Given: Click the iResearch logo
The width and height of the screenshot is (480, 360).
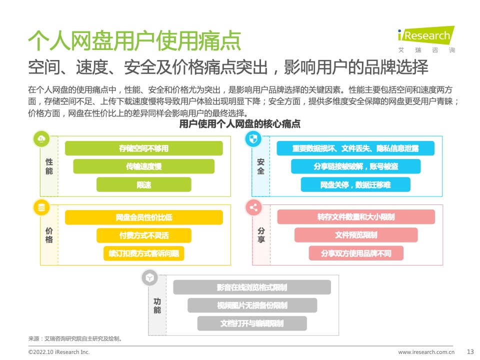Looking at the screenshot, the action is click(426, 39).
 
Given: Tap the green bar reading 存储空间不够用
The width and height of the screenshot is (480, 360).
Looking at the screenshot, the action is click(143, 148).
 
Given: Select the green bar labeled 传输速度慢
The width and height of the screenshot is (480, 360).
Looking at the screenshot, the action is click(143, 166).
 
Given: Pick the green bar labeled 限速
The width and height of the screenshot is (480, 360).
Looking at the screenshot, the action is click(143, 184).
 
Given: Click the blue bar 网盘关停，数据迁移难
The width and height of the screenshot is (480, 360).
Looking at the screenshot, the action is click(355, 184).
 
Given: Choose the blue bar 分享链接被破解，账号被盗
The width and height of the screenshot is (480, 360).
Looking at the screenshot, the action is click(355, 166).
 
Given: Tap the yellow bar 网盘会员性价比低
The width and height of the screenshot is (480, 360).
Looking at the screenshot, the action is click(143, 217).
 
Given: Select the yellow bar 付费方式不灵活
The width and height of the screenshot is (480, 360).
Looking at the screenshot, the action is click(143, 235).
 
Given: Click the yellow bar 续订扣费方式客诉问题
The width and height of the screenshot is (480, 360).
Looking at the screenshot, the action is click(143, 253).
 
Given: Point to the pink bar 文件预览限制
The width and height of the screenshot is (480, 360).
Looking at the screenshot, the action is click(356, 235).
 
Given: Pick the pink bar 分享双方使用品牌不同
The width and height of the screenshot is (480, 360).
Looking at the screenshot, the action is click(356, 253).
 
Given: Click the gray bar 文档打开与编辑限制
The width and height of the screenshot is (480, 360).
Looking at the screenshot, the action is click(252, 323).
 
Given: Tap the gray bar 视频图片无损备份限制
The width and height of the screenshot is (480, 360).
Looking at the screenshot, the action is click(252, 305).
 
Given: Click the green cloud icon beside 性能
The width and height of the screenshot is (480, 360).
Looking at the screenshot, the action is click(41, 139).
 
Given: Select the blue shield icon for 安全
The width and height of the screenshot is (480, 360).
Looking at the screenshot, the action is click(253, 139).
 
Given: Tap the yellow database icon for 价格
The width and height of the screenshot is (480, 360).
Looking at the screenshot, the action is click(41, 207).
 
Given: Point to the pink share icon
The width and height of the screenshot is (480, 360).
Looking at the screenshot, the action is click(253, 207).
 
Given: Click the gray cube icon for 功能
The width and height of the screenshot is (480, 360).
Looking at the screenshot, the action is click(149, 277).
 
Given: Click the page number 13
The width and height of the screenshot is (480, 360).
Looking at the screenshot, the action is click(470, 351).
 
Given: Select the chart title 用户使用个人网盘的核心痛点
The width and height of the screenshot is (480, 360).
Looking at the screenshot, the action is click(239, 124).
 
